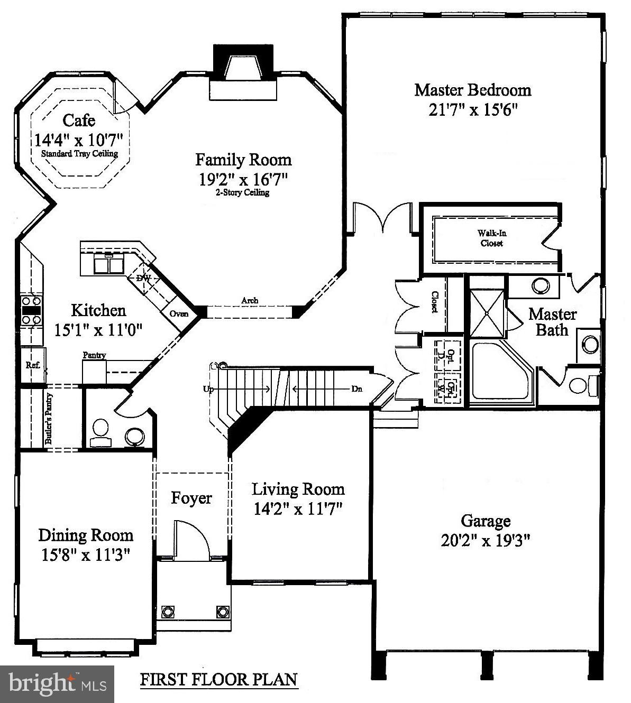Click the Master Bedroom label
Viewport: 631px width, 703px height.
pyautogui.click(x=472, y=90)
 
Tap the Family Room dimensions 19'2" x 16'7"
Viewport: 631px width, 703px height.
pyautogui.click(x=243, y=179)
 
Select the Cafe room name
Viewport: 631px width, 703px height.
pyautogui.click(x=79, y=121)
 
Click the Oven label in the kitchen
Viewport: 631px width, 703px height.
pyautogui.click(x=179, y=314)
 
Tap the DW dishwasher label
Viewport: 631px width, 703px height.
pyautogui.click(x=143, y=278)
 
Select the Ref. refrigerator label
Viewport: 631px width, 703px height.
pyautogui.click(x=33, y=365)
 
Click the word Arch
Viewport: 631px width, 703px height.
pyautogui.click(x=250, y=301)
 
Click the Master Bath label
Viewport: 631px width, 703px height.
pyautogui.click(x=552, y=322)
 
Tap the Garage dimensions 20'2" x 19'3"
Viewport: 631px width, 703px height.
pyautogui.click(x=485, y=541)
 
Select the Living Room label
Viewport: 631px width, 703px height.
pyautogui.click(x=298, y=489)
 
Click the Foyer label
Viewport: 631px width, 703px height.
pyautogui.click(x=191, y=498)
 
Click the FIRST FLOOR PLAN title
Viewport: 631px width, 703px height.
pyautogui.click(x=218, y=679)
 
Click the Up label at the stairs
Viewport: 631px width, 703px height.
pyautogui.click(x=208, y=389)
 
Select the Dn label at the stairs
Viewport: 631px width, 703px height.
pyautogui.click(x=357, y=389)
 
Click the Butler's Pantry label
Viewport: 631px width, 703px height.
pyautogui.click(x=49, y=419)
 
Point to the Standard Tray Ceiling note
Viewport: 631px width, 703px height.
pyautogui.click(x=79, y=154)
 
